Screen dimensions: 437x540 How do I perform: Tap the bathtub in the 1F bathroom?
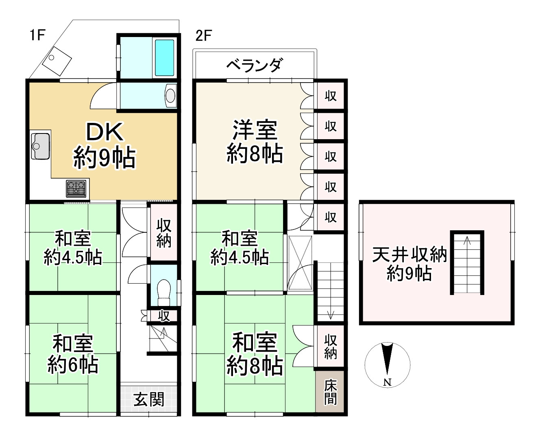(164, 57)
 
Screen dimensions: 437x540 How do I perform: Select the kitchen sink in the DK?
(40, 146)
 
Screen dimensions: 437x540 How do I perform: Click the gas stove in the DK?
(77, 189)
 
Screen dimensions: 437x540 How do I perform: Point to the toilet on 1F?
(163, 292)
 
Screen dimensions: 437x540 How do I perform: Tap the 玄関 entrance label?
(149, 400)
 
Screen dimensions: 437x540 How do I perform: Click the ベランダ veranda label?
(254, 65)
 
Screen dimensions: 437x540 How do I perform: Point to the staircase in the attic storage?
(467, 262)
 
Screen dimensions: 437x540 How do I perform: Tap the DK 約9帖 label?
(104, 145)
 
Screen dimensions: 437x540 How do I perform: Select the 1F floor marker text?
(37, 35)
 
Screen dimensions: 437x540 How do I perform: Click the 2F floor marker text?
(203, 36)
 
